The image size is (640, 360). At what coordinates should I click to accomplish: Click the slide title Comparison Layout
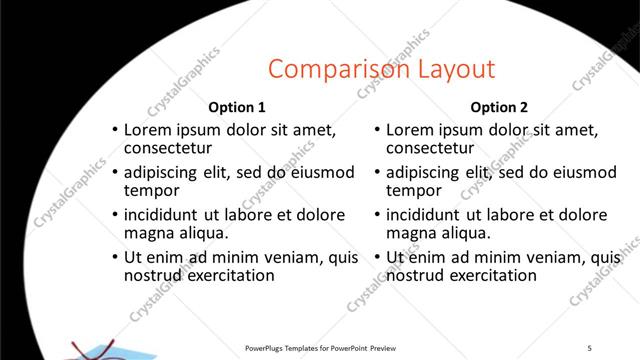381,69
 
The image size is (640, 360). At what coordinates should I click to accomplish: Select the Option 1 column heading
237,107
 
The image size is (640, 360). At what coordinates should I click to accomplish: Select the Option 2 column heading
499,107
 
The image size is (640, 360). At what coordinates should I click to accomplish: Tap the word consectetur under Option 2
431,148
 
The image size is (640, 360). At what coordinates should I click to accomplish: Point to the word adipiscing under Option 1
165,172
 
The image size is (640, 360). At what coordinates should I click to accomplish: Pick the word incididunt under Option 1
162,215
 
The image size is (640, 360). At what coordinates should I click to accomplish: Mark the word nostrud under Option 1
153,275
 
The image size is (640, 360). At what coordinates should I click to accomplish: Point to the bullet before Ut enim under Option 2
377,257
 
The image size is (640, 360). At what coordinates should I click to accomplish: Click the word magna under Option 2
410,233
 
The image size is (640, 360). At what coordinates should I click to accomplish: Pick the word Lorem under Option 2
409,129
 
